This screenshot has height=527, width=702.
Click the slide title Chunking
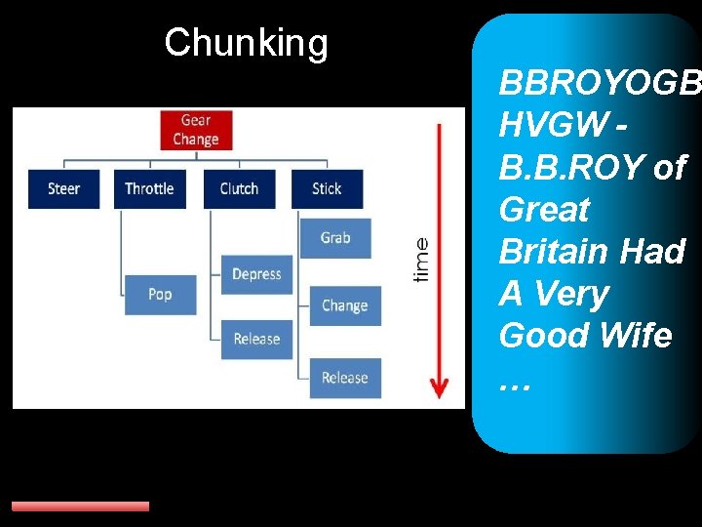(246, 43)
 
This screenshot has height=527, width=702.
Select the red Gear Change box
(195, 130)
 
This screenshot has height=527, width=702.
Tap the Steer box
(63, 188)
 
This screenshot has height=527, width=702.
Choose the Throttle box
(149, 188)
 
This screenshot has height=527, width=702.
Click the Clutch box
(239, 188)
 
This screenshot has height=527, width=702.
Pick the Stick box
(327, 188)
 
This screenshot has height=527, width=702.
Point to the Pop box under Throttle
(160, 294)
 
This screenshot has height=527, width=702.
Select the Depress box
(256, 274)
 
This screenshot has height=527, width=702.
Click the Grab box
(335, 238)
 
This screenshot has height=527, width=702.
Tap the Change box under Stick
(344, 305)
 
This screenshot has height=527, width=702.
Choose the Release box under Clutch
(256, 339)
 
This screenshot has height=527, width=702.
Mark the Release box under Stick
(344, 378)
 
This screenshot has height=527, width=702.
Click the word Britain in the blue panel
(557, 252)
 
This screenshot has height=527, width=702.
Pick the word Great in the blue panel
(544, 209)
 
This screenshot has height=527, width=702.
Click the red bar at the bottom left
(80, 507)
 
